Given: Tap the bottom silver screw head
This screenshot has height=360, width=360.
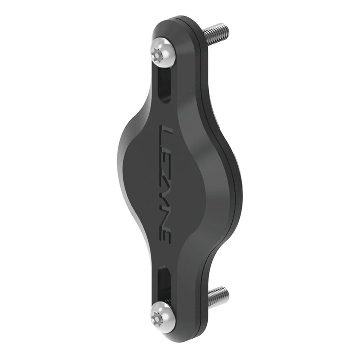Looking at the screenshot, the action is pyautogui.click(x=162, y=314).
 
